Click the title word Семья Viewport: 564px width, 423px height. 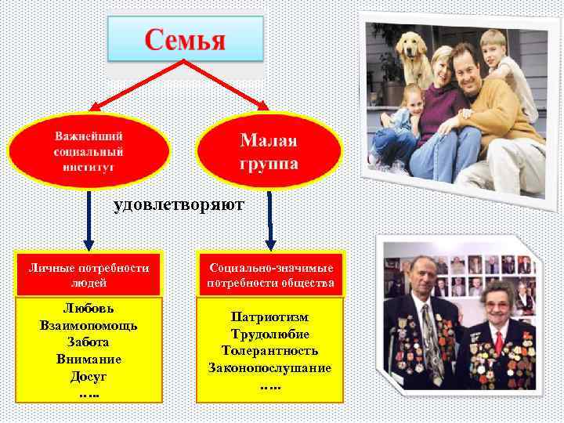tap(185, 39)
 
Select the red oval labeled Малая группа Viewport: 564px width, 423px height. tap(269, 152)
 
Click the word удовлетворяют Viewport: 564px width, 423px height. tap(179, 205)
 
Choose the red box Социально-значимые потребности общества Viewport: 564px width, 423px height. tap(271, 274)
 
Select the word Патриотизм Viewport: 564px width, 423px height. tap(270, 317)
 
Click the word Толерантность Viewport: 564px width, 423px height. tap(270, 351)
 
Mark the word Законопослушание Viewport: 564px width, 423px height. tap(270, 367)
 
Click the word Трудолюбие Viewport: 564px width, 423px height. tap(270, 334)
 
